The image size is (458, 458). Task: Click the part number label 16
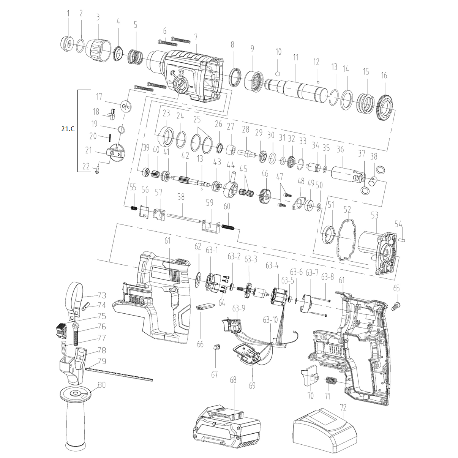tap(384, 76)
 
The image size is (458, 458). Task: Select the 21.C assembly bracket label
tap(68, 129)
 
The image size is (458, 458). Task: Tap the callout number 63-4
tap(272, 265)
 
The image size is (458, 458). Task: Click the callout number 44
tap(231, 165)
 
